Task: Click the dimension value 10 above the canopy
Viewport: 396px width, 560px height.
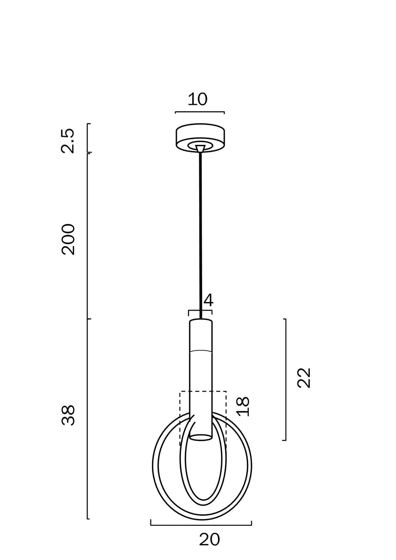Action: (197, 99)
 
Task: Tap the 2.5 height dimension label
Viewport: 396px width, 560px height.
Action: (68, 140)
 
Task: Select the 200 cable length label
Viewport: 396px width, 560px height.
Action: (68, 239)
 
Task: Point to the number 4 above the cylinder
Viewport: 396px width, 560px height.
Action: (208, 301)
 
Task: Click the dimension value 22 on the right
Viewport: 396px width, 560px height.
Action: (304, 378)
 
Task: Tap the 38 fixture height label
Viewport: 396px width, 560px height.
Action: (68, 415)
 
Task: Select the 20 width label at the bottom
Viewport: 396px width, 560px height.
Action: (209, 539)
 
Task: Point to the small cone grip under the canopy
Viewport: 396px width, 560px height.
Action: (200, 149)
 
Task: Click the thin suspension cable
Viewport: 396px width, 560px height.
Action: (201, 235)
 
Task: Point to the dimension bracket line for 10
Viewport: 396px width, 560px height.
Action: (200, 112)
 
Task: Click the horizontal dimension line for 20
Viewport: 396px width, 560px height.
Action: (201, 525)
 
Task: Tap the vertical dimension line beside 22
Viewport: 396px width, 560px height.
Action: (285, 379)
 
